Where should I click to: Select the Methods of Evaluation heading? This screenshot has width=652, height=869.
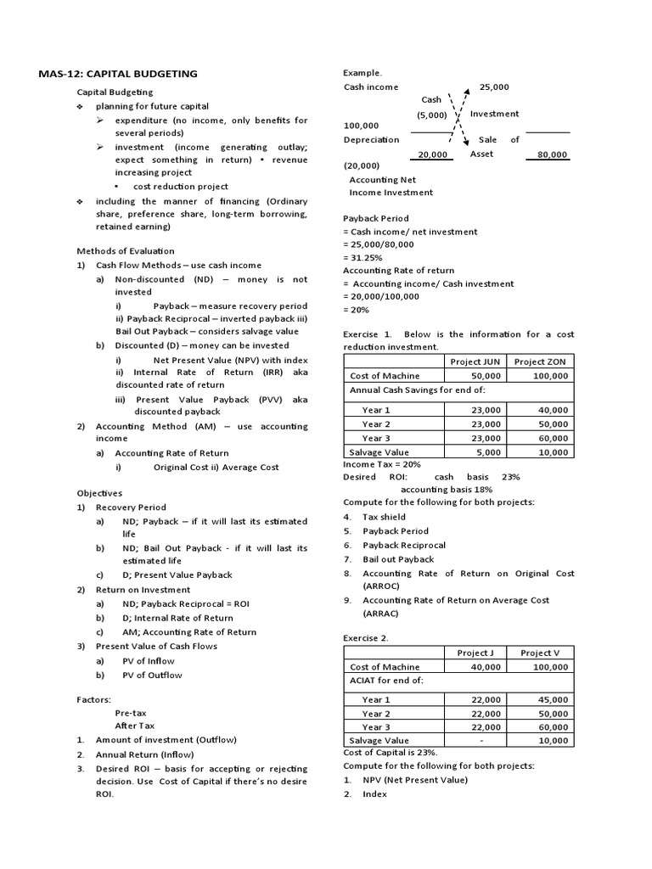click(x=126, y=251)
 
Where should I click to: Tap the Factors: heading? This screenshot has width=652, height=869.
click(x=93, y=699)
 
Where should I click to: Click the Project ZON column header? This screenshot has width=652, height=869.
click(x=540, y=361)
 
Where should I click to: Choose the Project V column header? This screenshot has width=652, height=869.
click(x=540, y=653)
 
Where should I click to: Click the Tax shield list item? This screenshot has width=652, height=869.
click(x=384, y=516)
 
